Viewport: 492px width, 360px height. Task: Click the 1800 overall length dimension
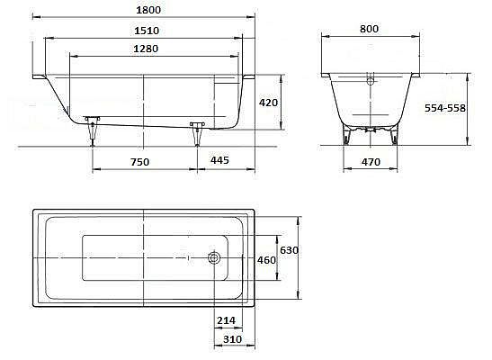coord(148,10)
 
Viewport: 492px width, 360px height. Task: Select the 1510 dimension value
coord(147,31)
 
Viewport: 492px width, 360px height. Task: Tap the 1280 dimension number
coord(146,49)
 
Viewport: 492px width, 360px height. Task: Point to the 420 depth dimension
coord(268,103)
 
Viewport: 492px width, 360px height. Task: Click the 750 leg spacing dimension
coord(140,162)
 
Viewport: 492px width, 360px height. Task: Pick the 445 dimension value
coord(219,160)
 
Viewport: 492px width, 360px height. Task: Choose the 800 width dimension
coord(369,29)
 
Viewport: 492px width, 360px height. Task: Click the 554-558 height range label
coord(445,108)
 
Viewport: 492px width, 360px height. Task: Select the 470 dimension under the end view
coord(371,162)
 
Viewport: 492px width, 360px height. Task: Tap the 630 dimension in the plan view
coord(289,250)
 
